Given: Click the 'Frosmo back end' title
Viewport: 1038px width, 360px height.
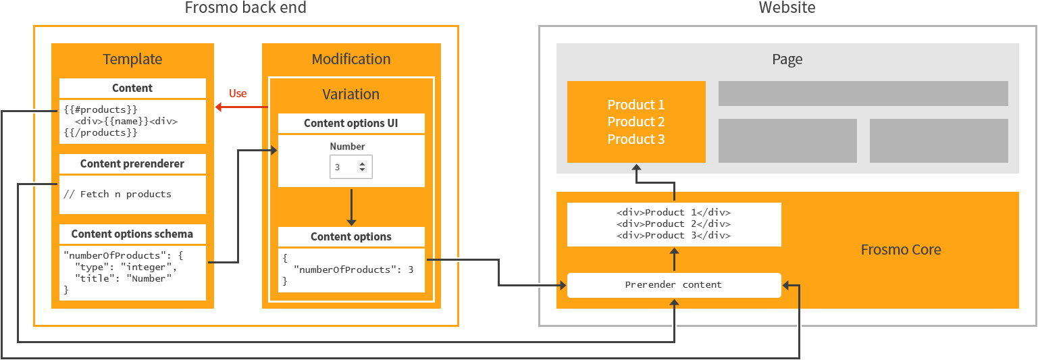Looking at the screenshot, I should point(245,8).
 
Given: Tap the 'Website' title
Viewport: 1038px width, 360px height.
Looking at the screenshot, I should point(787,8).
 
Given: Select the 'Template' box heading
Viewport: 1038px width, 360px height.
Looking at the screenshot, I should point(132,59).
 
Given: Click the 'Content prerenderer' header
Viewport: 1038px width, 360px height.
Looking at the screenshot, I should point(132,163).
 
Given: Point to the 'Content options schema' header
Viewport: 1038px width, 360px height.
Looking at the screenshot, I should point(132,234).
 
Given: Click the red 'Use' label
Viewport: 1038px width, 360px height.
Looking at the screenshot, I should point(238,93).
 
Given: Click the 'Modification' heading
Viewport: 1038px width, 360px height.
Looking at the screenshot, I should point(351,59).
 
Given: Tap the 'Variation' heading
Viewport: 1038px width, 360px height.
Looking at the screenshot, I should point(351,94).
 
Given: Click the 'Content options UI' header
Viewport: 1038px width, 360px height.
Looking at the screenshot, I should point(351,123).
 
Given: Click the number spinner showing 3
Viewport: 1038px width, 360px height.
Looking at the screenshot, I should point(351,167).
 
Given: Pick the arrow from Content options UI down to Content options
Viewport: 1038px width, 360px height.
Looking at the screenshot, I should point(351,207).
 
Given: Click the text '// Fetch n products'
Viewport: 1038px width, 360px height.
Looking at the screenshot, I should point(118,194).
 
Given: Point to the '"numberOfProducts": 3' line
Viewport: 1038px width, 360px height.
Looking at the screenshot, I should point(353,269).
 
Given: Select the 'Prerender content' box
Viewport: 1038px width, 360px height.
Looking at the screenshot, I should point(673,284).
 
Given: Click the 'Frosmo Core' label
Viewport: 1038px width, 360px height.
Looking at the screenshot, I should point(900,250).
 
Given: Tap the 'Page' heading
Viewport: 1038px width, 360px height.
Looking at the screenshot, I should point(787,59).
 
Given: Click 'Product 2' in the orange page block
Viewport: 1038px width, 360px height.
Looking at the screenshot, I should point(635,122).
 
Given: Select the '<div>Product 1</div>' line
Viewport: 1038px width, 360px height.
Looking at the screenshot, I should point(673,212).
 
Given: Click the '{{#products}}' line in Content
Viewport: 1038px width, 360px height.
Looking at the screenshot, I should point(100,109).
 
